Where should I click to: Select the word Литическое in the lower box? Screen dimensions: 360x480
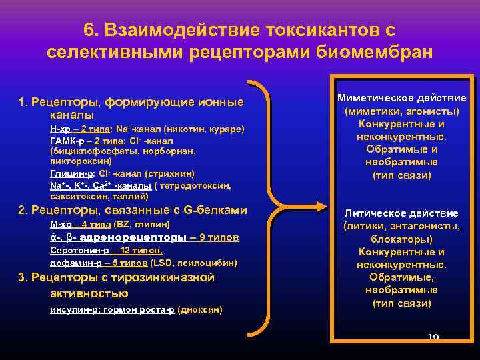click(x=375, y=213)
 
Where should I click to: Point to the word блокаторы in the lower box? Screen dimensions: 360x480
click(x=402, y=239)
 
